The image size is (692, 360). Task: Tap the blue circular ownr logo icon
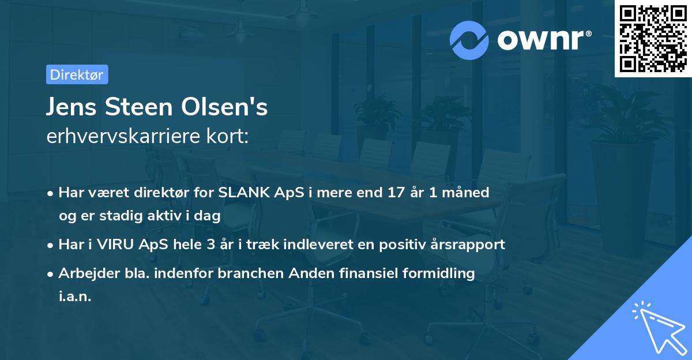click(x=469, y=40)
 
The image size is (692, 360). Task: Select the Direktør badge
click(x=77, y=74)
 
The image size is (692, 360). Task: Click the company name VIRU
click(x=118, y=244)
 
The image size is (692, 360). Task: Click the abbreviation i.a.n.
click(x=75, y=297)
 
